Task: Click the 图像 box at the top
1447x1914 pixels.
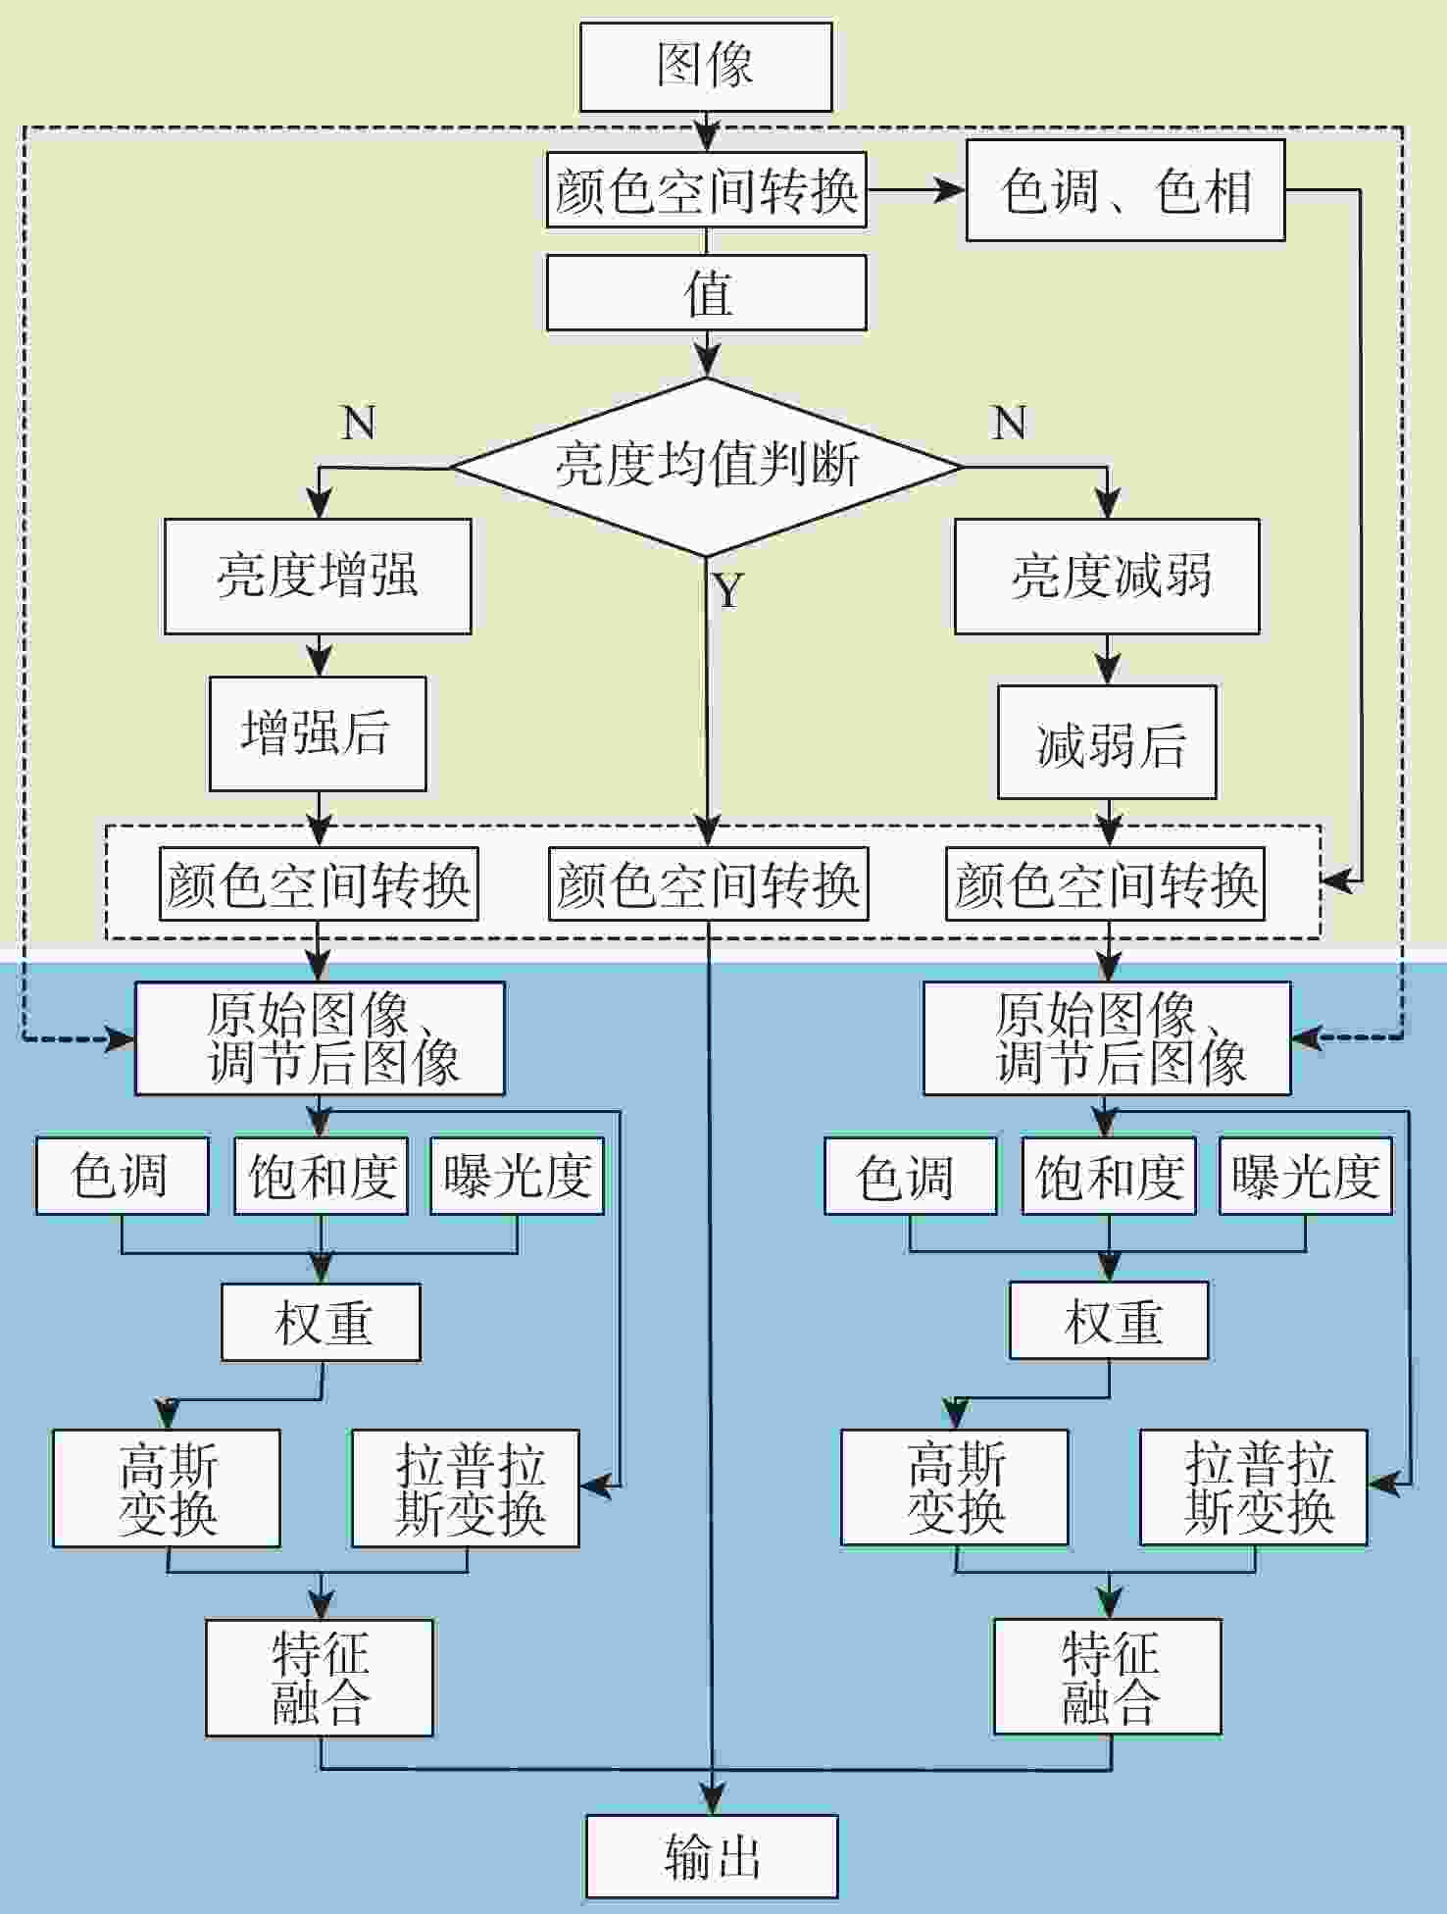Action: [706, 67]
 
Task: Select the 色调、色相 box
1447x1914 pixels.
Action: [1125, 190]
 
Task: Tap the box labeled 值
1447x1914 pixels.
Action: [706, 292]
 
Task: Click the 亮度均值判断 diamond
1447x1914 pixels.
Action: [706, 466]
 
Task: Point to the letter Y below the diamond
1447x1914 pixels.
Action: [727, 591]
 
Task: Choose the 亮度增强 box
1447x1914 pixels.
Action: [318, 576]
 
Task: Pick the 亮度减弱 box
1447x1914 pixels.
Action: [1107, 576]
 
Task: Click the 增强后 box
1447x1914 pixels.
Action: [318, 733]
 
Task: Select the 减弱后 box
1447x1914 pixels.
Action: [1107, 742]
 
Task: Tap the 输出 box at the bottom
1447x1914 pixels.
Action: [712, 1857]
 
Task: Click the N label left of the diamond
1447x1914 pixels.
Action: [359, 423]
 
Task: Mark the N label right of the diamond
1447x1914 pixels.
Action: [1010, 423]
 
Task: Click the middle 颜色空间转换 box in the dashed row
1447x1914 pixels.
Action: [708, 884]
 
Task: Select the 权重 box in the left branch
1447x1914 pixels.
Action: [321, 1322]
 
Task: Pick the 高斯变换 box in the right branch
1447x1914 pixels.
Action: [955, 1487]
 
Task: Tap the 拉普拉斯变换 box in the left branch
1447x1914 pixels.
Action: [466, 1488]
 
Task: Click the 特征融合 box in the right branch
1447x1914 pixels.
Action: [1108, 1677]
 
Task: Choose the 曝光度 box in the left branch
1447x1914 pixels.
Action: [517, 1176]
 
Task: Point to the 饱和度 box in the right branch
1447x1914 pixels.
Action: [1109, 1176]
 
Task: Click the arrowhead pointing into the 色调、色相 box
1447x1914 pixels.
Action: [951, 190]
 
